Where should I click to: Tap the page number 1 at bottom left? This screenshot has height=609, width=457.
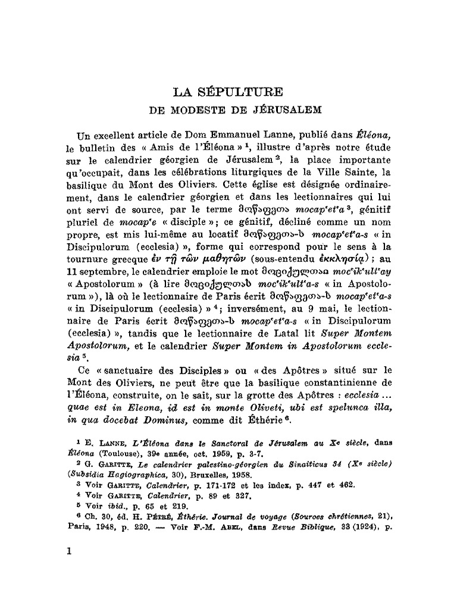coord(69,551)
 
